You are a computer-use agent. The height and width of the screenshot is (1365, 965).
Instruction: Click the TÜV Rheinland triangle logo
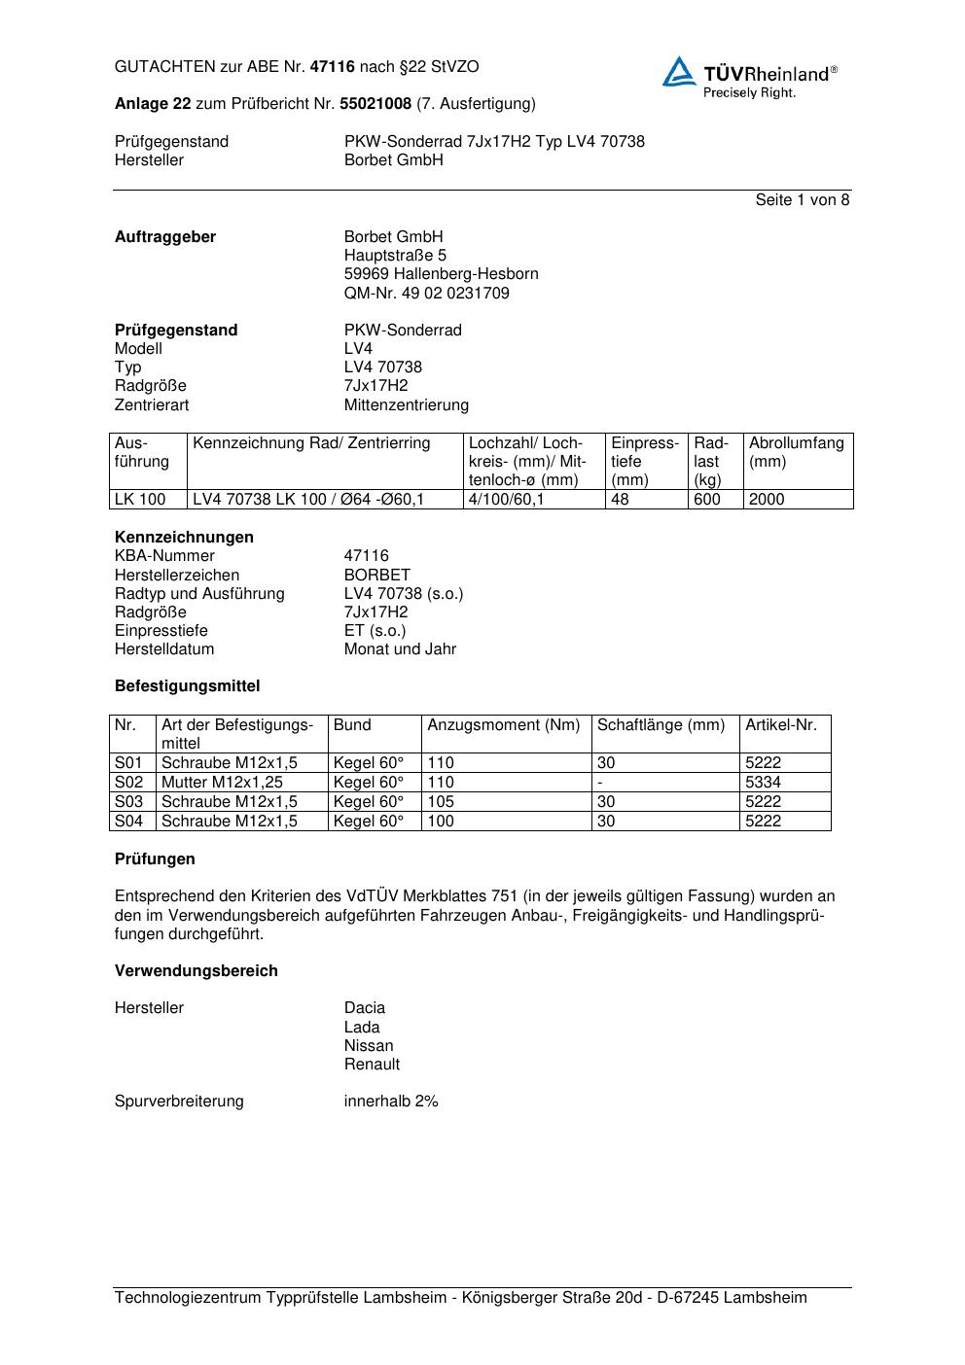[679, 72]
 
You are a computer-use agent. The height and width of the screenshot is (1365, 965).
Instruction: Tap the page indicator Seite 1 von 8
[802, 200]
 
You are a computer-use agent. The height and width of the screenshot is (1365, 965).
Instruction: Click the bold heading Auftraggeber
[165, 237]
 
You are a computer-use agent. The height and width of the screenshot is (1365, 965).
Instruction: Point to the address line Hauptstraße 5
[395, 256]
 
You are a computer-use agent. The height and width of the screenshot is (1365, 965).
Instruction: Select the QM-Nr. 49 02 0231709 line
[426, 293]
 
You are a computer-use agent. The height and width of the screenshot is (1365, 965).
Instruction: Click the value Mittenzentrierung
[406, 404]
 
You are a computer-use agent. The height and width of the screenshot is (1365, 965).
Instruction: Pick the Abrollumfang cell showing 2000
[767, 500]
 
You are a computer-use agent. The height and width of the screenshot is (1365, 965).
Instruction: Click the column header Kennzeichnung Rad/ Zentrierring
[311, 443]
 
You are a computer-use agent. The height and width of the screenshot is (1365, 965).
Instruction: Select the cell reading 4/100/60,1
[506, 500]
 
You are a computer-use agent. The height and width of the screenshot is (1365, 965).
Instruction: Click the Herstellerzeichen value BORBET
[376, 575]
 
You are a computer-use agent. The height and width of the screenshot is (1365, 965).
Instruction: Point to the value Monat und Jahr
[400, 649]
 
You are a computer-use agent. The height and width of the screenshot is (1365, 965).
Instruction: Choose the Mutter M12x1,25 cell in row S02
[222, 783]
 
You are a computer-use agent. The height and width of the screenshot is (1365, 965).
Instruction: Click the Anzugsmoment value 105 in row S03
[441, 802]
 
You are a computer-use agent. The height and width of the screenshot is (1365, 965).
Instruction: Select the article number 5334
[763, 783]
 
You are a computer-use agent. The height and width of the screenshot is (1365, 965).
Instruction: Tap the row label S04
[128, 822]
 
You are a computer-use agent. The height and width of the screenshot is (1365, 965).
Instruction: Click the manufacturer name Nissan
[369, 1046]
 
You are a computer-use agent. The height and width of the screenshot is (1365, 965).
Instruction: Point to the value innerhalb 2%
[391, 1102]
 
